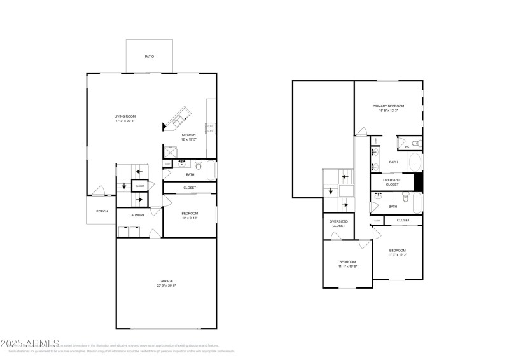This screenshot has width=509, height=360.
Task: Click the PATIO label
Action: coord(149,57)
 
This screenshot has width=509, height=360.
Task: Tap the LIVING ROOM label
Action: coord(125,116)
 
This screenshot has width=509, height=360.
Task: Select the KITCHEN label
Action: coord(189,135)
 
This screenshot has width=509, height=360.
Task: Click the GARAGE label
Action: coord(166,280)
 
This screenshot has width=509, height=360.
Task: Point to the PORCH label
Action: coord(102,211)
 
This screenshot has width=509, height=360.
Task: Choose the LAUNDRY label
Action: coord(137,215)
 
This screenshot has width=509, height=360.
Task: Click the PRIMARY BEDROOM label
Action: coord(388,106)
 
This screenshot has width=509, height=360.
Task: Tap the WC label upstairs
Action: coord(407,147)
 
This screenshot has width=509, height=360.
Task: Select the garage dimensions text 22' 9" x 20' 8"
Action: coord(166,286)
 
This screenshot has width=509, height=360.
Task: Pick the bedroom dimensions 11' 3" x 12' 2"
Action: coord(398,255)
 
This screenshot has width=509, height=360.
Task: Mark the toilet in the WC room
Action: coord(415,142)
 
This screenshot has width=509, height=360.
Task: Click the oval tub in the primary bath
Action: coord(415,162)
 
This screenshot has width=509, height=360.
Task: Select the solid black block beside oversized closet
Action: coord(418,181)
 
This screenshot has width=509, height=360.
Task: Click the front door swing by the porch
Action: coord(97,190)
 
